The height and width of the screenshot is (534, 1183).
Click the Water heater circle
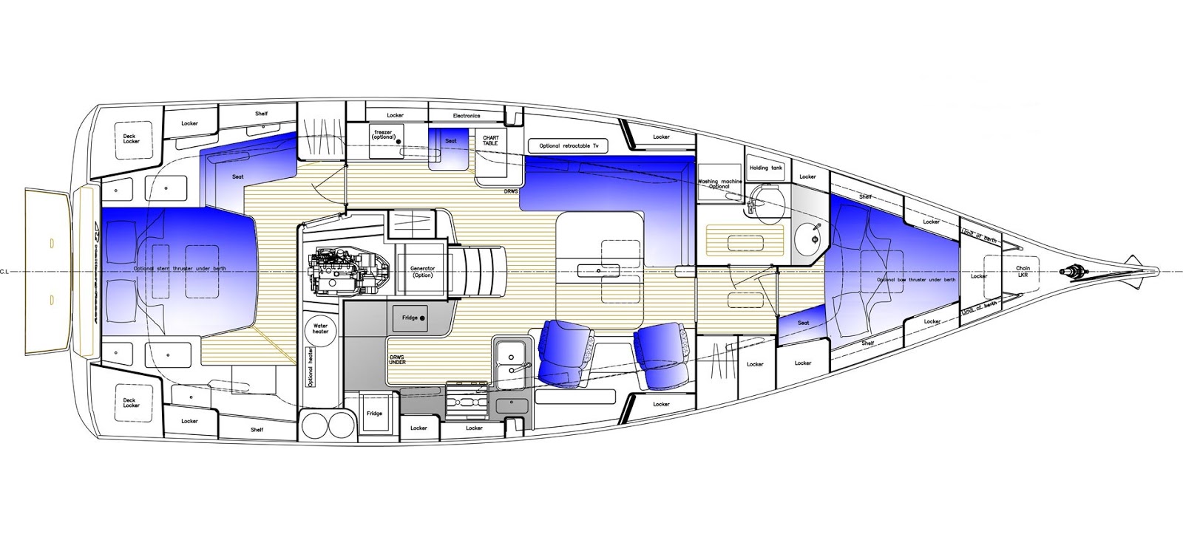pyautogui.click(x=320, y=327)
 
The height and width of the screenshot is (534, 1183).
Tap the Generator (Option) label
pyautogui.click(x=422, y=271)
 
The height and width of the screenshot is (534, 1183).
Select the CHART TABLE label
pyautogui.click(x=490, y=140)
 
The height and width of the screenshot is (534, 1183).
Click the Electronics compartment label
pyautogui.click(x=467, y=116)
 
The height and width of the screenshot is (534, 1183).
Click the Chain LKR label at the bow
pyautogui.click(x=1023, y=272)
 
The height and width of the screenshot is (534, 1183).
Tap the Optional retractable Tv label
pyautogui.click(x=569, y=146)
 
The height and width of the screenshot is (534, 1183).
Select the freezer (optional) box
pyautogui.click(x=385, y=135)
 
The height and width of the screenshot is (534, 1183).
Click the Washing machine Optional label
pyautogui.click(x=719, y=184)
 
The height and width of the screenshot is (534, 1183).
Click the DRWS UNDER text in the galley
pyautogui.click(x=397, y=360)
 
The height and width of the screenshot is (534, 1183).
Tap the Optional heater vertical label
pyautogui.click(x=311, y=368)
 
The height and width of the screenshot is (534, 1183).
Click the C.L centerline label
pyautogui.click(x=6, y=272)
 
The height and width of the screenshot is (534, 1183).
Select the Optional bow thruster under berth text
pyautogui.click(x=916, y=280)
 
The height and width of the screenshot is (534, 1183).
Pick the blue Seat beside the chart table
pyautogui.click(x=451, y=140)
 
